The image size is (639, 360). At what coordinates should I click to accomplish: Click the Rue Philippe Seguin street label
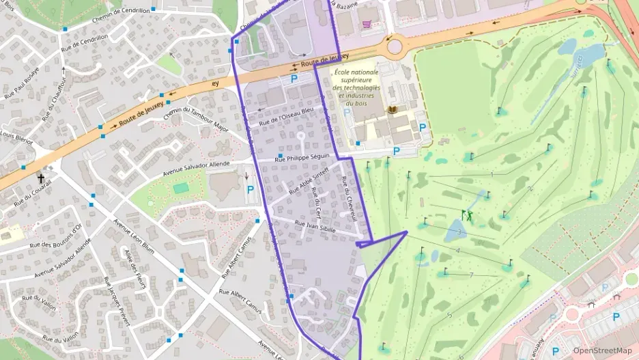click(301, 158)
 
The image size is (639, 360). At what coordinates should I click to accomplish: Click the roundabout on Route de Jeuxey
click(395, 46)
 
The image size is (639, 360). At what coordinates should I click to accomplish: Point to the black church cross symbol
click(41, 178)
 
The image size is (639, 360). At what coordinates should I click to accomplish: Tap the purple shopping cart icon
click(367, 24)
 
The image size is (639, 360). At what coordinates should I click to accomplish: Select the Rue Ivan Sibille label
click(315, 227)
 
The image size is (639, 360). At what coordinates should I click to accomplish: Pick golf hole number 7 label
click(472, 275)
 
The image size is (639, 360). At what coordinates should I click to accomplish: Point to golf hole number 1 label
click(492, 174)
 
